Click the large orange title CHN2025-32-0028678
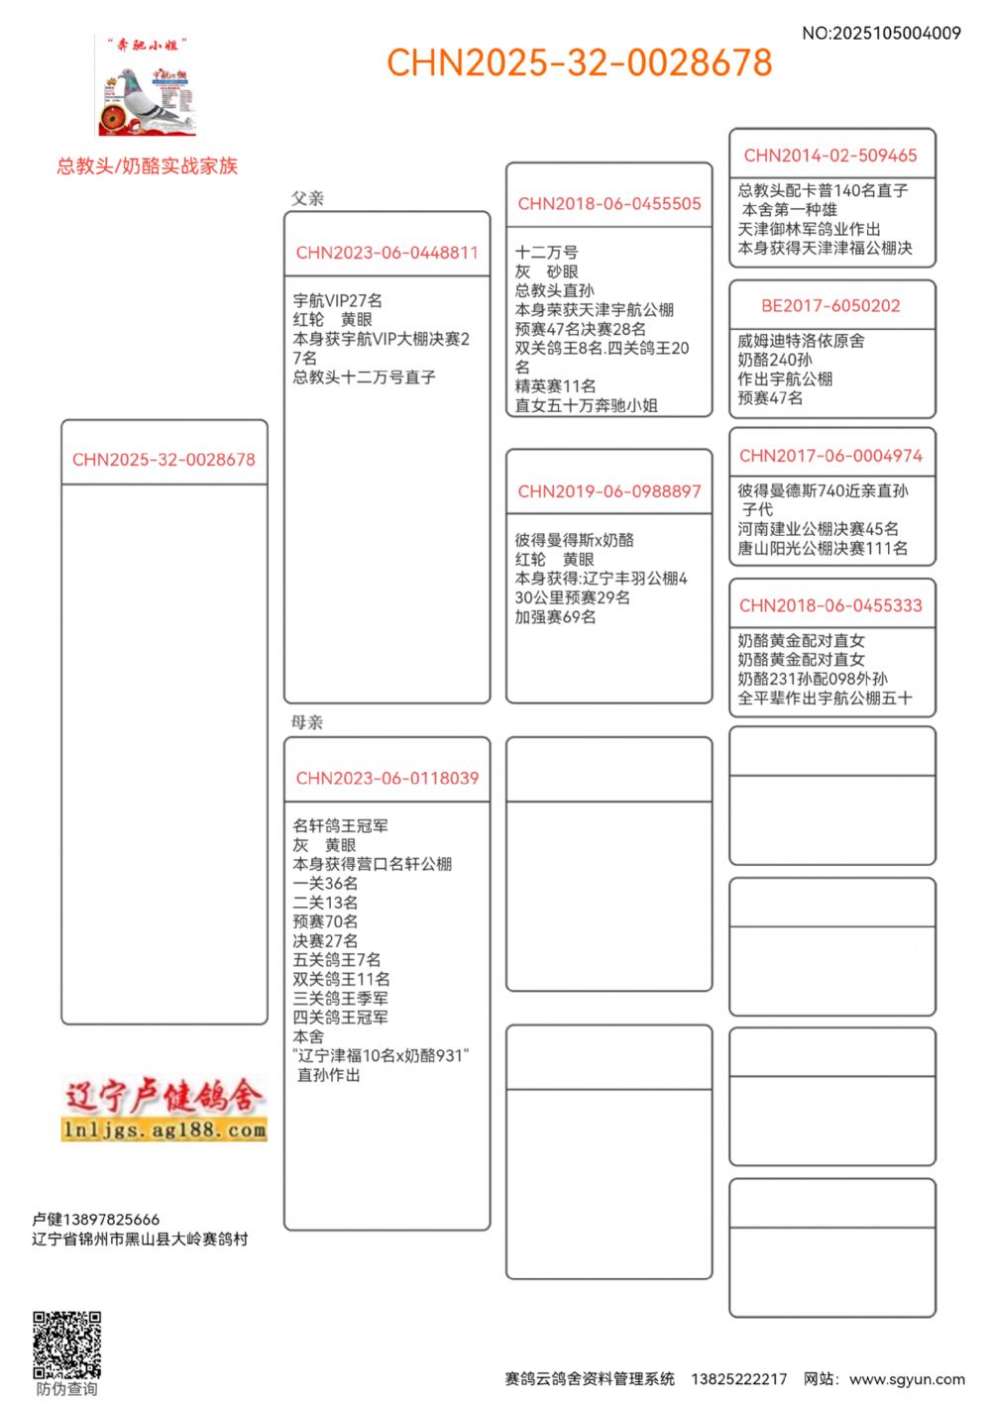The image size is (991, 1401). click(x=579, y=62)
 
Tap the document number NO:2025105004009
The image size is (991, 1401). click(x=881, y=33)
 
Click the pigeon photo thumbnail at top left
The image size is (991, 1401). click(x=147, y=89)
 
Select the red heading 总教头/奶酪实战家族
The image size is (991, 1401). click(x=148, y=165)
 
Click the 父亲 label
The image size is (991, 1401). click(x=307, y=198)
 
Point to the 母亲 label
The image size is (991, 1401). click(x=307, y=722)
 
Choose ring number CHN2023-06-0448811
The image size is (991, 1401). click(x=386, y=253)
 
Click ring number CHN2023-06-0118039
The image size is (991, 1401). click(x=386, y=779)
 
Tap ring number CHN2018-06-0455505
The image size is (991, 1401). click(x=608, y=204)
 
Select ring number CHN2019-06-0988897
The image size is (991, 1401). click(x=608, y=491)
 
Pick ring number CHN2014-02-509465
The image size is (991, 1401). click(x=830, y=156)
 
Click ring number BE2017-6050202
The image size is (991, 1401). click(x=830, y=306)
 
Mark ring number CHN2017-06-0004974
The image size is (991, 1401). click(x=830, y=456)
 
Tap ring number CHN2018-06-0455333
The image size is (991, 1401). click(x=830, y=606)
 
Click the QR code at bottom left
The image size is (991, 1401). click(x=66, y=1345)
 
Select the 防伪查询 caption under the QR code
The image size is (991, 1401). click(x=66, y=1389)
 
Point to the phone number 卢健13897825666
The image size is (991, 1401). click(x=95, y=1220)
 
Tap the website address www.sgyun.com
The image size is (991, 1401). click(x=907, y=1379)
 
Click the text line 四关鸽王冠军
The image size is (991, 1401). click(x=340, y=1018)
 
